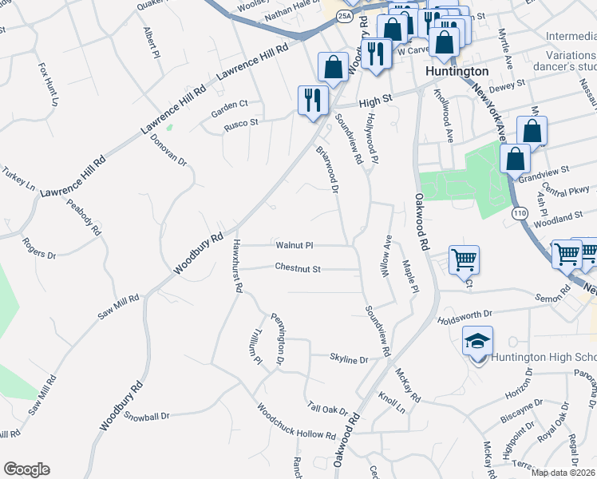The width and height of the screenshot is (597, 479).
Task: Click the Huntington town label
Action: pos(457,71)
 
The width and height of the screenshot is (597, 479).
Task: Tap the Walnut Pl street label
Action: pos(295,245)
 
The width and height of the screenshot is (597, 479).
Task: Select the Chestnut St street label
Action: pos(298,268)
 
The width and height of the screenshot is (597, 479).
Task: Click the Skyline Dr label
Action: pos(349,360)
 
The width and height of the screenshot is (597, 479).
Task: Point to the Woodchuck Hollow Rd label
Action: pos(296,421)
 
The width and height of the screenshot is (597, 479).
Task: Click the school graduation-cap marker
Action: pos(477,341)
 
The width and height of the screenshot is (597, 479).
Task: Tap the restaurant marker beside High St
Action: pos(312,100)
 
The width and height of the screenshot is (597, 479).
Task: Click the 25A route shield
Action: pos(344,15)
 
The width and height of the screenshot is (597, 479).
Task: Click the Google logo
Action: pos(26,469)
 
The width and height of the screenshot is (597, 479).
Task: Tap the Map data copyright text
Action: pos(563,473)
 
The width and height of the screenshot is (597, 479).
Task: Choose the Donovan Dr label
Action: pos(168,149)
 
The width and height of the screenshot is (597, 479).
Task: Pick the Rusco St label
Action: pos(240,123)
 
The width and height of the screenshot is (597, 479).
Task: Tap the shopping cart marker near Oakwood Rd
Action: pos(464,259)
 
